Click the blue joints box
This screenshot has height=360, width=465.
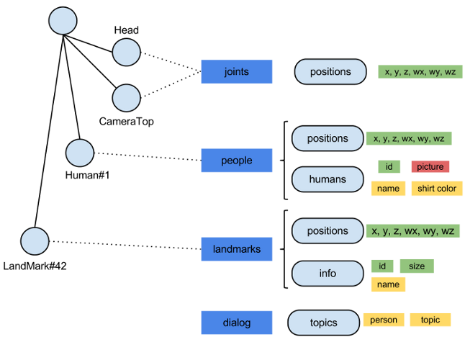pyautogui.click(x=237, y=72)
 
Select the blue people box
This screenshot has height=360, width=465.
pyautogui.click(x=237, y=161)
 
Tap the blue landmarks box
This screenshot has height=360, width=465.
pyautogui.click(x=237, y=250)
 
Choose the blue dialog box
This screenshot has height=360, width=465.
pyautogui.click(x=237, y=323)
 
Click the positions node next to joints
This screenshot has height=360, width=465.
pyautogui.click(x=330, y=72)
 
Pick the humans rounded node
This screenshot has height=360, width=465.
pyautogui.click(x=328, y=179)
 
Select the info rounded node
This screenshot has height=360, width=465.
pyautogui.click(x=328, y=274)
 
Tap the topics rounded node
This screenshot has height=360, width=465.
pyautogui.click(x=323, y=323)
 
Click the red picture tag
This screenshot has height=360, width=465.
pyautogui.click(x=430, y=167)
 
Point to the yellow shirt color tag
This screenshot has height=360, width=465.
pyautogui.click(x=437, y=189)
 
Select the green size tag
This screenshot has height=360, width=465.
pyautogui.click(x=417, y=266)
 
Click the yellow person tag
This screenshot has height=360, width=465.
pyautogui.click(x=384, y=320)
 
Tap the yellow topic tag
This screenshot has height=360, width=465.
pyautogui.click(x=430, y=320)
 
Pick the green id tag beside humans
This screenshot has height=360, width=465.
pyautogui.click(x=389, y=167)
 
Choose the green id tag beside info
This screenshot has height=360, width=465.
pyautogui.click(x=382, y=266)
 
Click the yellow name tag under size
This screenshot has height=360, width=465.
pyautogui.click(x=389, y=284)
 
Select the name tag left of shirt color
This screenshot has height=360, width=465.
pyautogui.click(x=389, y=189)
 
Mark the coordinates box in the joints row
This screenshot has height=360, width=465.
pyautogui.click(x=420, y=72)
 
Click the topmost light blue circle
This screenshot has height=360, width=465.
pyautogui.click(x=63, y=21)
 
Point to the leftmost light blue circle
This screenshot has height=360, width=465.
pyautogui.click(x=35, y=241)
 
